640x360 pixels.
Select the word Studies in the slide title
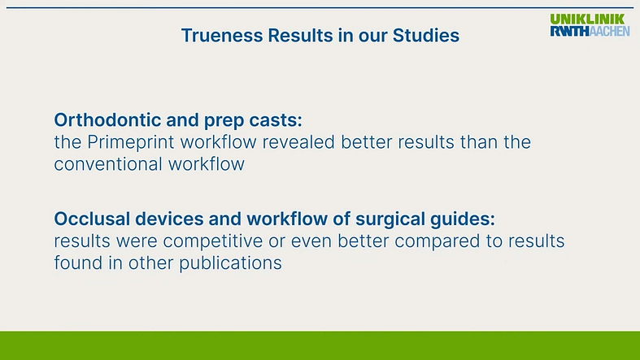[428, 36]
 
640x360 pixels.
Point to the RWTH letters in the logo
[567, 31]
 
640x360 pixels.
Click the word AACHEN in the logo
[607, 31]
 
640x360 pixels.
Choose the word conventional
[107, 164]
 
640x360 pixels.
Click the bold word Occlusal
[89, 219]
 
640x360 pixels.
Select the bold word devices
[160, 219]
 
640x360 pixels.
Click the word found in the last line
[76, 263]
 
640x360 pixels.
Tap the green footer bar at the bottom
[320, 345]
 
